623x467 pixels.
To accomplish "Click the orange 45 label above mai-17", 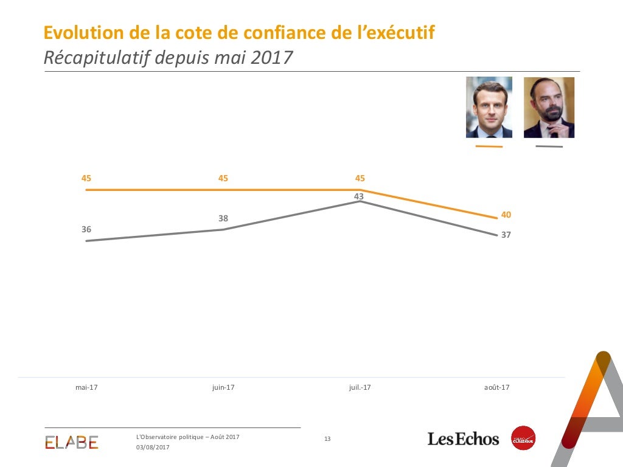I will (x=86, y=178).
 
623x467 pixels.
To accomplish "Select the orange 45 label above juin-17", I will (x=223, y=178).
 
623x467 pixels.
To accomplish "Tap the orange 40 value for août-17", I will (x=506, y=215).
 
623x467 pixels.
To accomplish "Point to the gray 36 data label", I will (x=86, y=229).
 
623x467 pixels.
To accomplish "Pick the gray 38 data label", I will (x=223, y=218).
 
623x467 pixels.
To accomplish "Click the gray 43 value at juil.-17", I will (x=359, y=196).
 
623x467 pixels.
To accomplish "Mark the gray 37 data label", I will (x=506, y=235).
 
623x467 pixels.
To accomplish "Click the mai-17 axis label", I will (x=86, y=387).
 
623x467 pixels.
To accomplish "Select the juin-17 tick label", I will (x=223, y=387).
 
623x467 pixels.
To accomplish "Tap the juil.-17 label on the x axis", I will (x=360, y=387).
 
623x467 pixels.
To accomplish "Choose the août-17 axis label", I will (x=496, y=387).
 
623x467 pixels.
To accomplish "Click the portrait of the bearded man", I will (x=549, y=108).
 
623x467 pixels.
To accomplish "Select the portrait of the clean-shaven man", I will (x=489, y=108).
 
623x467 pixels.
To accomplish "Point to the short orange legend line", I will (x=489, y=147).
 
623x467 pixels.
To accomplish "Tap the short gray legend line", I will (x=549, y=147).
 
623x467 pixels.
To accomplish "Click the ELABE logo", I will (x=71, y=442).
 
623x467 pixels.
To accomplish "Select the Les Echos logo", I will (x=463, y=438).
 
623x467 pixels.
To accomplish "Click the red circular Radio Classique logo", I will (x=523, y=438).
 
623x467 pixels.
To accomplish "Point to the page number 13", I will (x=327, y=439).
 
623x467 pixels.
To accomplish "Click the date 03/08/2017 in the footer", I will (x=153, y=448).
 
